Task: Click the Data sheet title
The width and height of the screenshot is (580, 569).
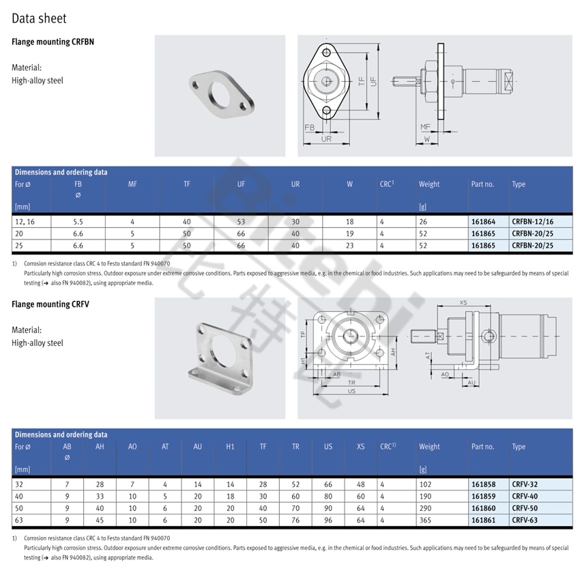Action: point(39,18)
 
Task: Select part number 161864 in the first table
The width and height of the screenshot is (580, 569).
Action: point(483,222)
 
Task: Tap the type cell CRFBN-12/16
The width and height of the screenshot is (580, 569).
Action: point(532,222)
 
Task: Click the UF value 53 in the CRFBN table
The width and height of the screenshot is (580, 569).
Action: point(241,222)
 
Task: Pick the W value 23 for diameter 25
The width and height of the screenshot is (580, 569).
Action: point(349,246)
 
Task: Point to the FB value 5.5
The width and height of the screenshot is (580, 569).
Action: point(78,222)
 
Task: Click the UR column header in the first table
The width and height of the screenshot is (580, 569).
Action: point(295,184)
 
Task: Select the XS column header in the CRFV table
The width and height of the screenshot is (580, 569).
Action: point(361,447)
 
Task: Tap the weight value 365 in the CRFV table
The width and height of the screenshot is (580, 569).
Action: point(425,520)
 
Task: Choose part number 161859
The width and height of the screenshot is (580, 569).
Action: point(483,496)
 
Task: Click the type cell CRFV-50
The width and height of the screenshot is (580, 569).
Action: point(525,508)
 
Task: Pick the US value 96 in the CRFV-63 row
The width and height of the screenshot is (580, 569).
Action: point(328,520)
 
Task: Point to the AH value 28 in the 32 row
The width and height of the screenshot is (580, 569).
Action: point(100,484)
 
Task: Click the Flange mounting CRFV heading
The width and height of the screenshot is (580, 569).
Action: point(50,304)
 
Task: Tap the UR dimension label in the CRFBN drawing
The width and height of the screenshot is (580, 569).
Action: point(326,138)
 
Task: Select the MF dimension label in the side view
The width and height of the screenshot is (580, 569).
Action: point(425,127)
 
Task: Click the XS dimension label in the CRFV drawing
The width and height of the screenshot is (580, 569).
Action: point(463,303)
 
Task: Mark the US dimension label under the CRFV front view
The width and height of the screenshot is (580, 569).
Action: point(351,391)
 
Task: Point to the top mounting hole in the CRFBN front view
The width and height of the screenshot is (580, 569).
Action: point(326,52)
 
